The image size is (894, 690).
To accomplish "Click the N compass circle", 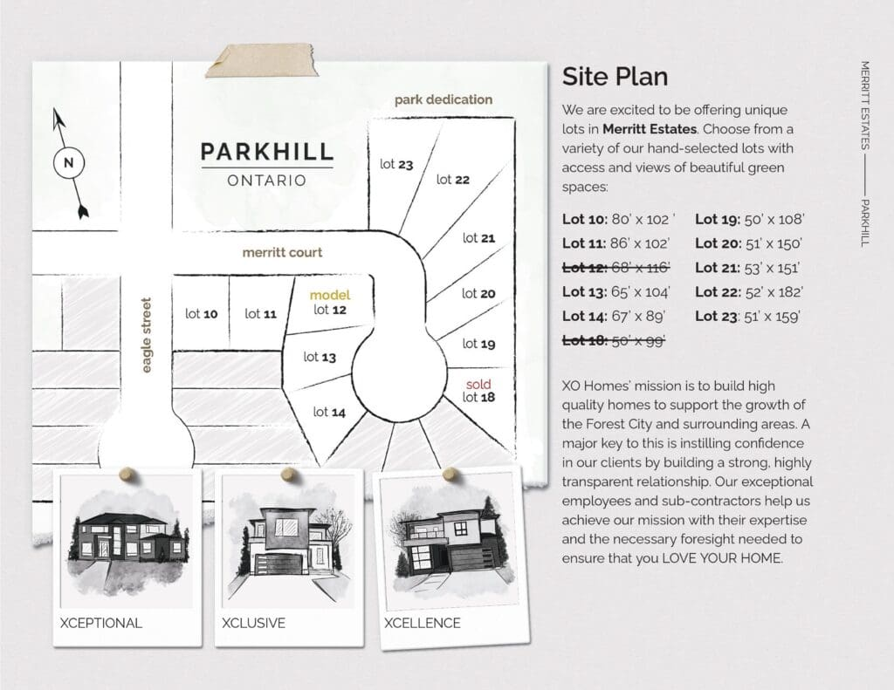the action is pos(69,163).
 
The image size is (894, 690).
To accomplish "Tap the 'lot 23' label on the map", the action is pos(396,165).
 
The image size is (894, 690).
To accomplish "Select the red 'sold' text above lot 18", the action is pos(478,384).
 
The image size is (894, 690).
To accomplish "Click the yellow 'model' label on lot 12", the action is pos(329,295).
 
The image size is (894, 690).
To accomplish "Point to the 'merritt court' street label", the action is pos(282,252).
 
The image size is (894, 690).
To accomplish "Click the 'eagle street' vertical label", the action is pos(147,335).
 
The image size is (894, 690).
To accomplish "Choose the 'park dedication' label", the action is pos(444,99).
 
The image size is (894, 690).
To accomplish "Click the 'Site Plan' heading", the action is pos(615,77).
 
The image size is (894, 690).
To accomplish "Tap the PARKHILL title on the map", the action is pos(267,152).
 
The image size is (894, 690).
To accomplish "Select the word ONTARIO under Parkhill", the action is pos(267,181).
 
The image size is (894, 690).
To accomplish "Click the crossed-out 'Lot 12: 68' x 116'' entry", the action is pos(615,267).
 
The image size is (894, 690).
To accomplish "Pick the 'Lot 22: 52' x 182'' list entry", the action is pos(748,291).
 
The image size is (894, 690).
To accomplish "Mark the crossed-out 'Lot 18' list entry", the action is pos(614,341).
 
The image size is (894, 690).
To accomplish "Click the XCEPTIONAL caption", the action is pos(101,623).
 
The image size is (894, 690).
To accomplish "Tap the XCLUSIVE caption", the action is pos(253,623).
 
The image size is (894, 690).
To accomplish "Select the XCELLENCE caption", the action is pos(422,623).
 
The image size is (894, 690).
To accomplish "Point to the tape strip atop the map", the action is pos(261,60).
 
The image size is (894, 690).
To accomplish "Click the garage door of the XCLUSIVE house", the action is pos(279,564).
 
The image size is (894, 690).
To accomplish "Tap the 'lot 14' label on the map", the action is pos(329,412).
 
